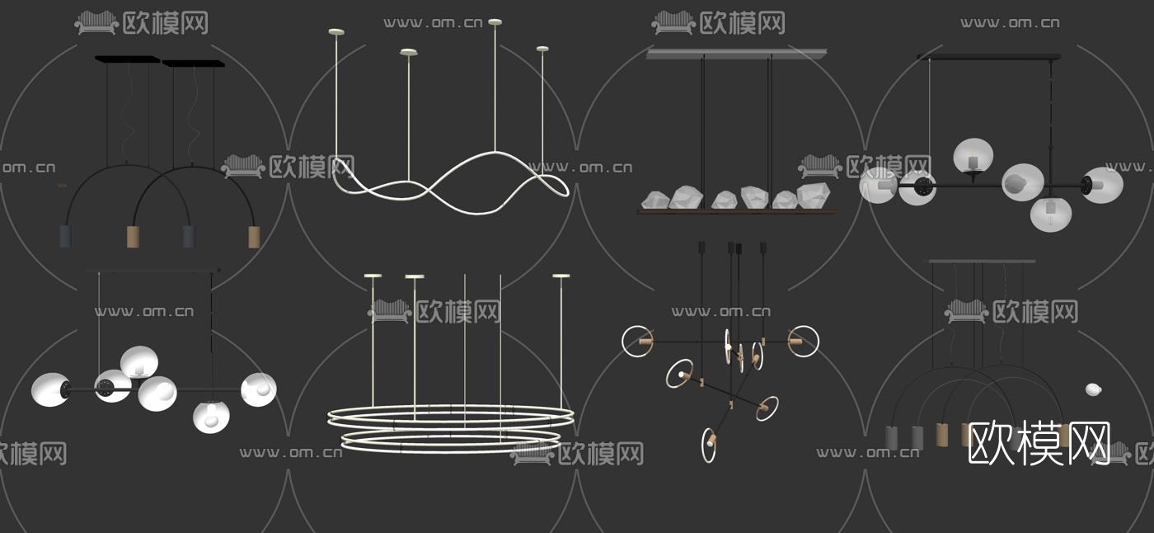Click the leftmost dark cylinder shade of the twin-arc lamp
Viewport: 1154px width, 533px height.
pos(66,236)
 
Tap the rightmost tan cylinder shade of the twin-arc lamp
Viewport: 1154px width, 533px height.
pos(254,237)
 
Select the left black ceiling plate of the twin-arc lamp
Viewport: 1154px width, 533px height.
pos(127,59)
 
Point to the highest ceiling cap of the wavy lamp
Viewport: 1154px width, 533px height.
pos(495,21)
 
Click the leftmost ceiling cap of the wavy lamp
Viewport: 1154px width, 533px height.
pos(336,32)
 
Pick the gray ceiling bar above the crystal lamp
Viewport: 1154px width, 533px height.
pos(737,53)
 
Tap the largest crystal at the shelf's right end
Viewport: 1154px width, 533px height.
pos(814,196)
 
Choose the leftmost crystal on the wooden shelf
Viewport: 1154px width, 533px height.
pos(654,200)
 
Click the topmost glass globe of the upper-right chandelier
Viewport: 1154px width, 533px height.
pos(973,154)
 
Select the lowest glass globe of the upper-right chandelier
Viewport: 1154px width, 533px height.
pos(1051,214)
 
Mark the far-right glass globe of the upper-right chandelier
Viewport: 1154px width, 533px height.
pos(1103,185)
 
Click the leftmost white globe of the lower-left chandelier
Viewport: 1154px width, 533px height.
pos(51,389)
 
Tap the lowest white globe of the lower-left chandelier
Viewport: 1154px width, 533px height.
pos(211,417)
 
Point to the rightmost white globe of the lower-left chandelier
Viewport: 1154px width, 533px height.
pos(259,389)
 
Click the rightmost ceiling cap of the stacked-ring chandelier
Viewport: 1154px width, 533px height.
pos(561,276)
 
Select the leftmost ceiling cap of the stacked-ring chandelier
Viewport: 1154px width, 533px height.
pos(373,276)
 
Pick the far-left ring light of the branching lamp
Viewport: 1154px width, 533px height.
pos(637,341)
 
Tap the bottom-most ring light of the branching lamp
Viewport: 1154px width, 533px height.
pos(709,445)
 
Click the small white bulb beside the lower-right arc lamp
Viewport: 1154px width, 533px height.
pos(1093,389)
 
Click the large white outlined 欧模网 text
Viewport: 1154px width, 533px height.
pos(1039,443)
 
